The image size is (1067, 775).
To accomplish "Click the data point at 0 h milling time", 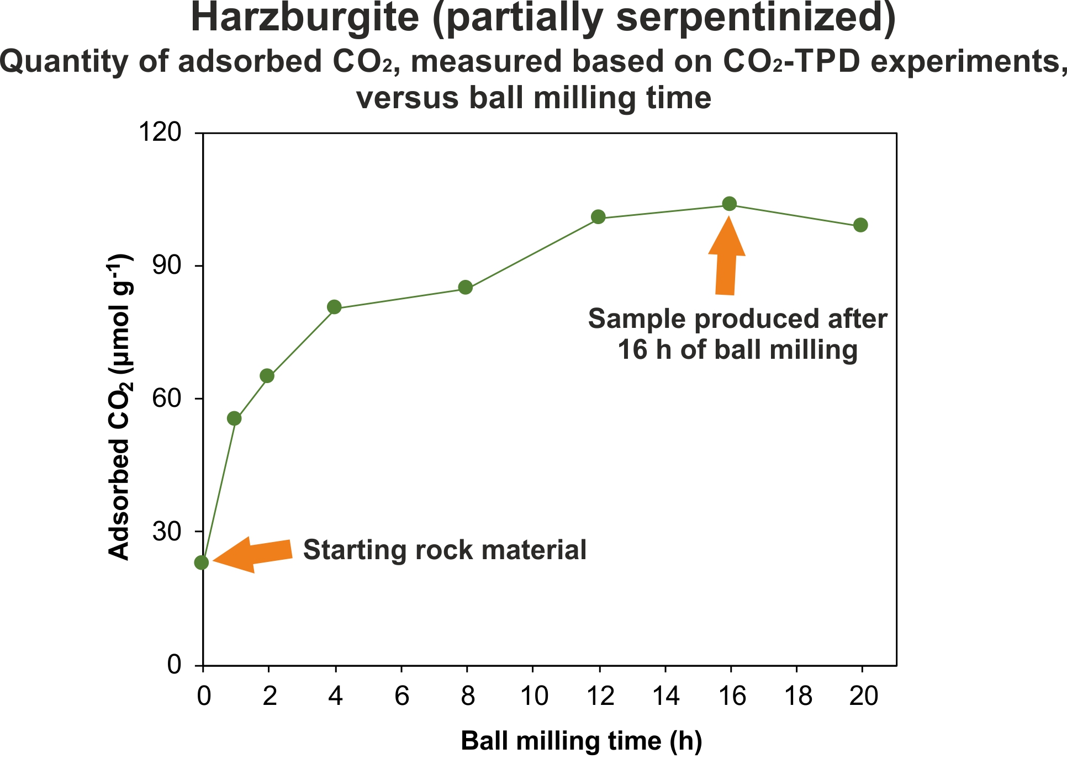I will [202, 562].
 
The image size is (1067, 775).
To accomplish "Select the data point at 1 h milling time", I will [234, 418].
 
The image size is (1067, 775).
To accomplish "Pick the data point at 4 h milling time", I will [334, 307].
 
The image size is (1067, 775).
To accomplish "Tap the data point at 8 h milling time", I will [466, 288].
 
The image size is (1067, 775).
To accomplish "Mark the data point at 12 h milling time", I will [598, 217].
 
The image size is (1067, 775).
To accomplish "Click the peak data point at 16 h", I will [730, 204].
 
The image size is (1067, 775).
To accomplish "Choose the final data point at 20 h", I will [860, 225].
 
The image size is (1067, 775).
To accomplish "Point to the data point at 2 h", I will [267, 376].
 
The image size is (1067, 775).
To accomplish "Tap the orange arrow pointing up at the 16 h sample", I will [726, 257].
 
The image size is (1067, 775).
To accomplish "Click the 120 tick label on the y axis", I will [160, 132].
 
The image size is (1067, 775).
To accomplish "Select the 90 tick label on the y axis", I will [166, 266].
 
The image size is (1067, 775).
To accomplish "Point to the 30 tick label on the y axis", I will [166, 532].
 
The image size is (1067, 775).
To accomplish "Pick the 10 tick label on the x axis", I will [534, 697].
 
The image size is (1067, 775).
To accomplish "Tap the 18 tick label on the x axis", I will [797, 697].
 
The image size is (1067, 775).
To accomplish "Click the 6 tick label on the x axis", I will [402, 697].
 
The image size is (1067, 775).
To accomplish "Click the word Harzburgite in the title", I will [305, 18].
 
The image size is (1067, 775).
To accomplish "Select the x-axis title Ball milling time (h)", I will [581, 741].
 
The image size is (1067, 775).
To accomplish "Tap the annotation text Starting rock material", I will [445, 550].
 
